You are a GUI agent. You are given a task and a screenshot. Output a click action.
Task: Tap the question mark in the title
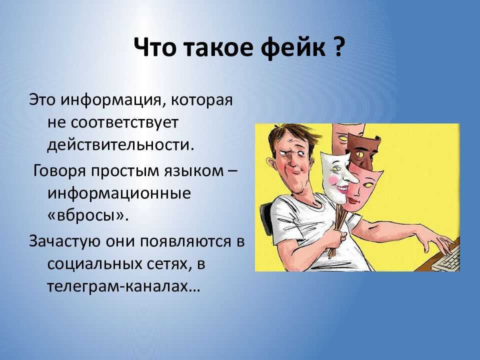click(339, 49)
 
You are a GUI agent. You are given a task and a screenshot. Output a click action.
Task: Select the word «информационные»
click(119, 194)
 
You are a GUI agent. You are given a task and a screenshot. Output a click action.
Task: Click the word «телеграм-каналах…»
click(123, 287)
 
